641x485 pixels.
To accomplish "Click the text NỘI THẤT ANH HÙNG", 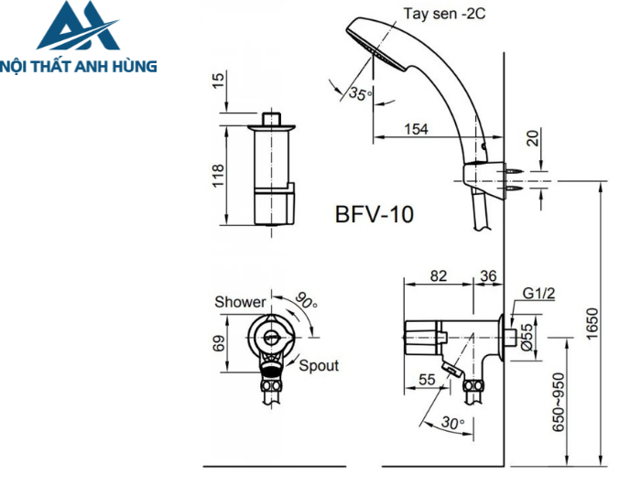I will pyautogui.click(x=80, y=66).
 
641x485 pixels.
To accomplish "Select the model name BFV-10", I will pyautogui.click(x=374, y=215).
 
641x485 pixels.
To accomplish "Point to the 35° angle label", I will pyautogui.click(x=360, y=92).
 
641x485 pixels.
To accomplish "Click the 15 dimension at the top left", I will pyautogui.click(x=218, y=81).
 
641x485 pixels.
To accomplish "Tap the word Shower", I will pyautogui.click(x=240, y=302).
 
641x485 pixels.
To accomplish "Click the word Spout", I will pyautogui.click(x=319, y=365).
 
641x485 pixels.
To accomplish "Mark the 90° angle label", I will pyautogui.click(x=306, y=300).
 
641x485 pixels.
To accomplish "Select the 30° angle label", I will pyautogui.click(x=452, y=424).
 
